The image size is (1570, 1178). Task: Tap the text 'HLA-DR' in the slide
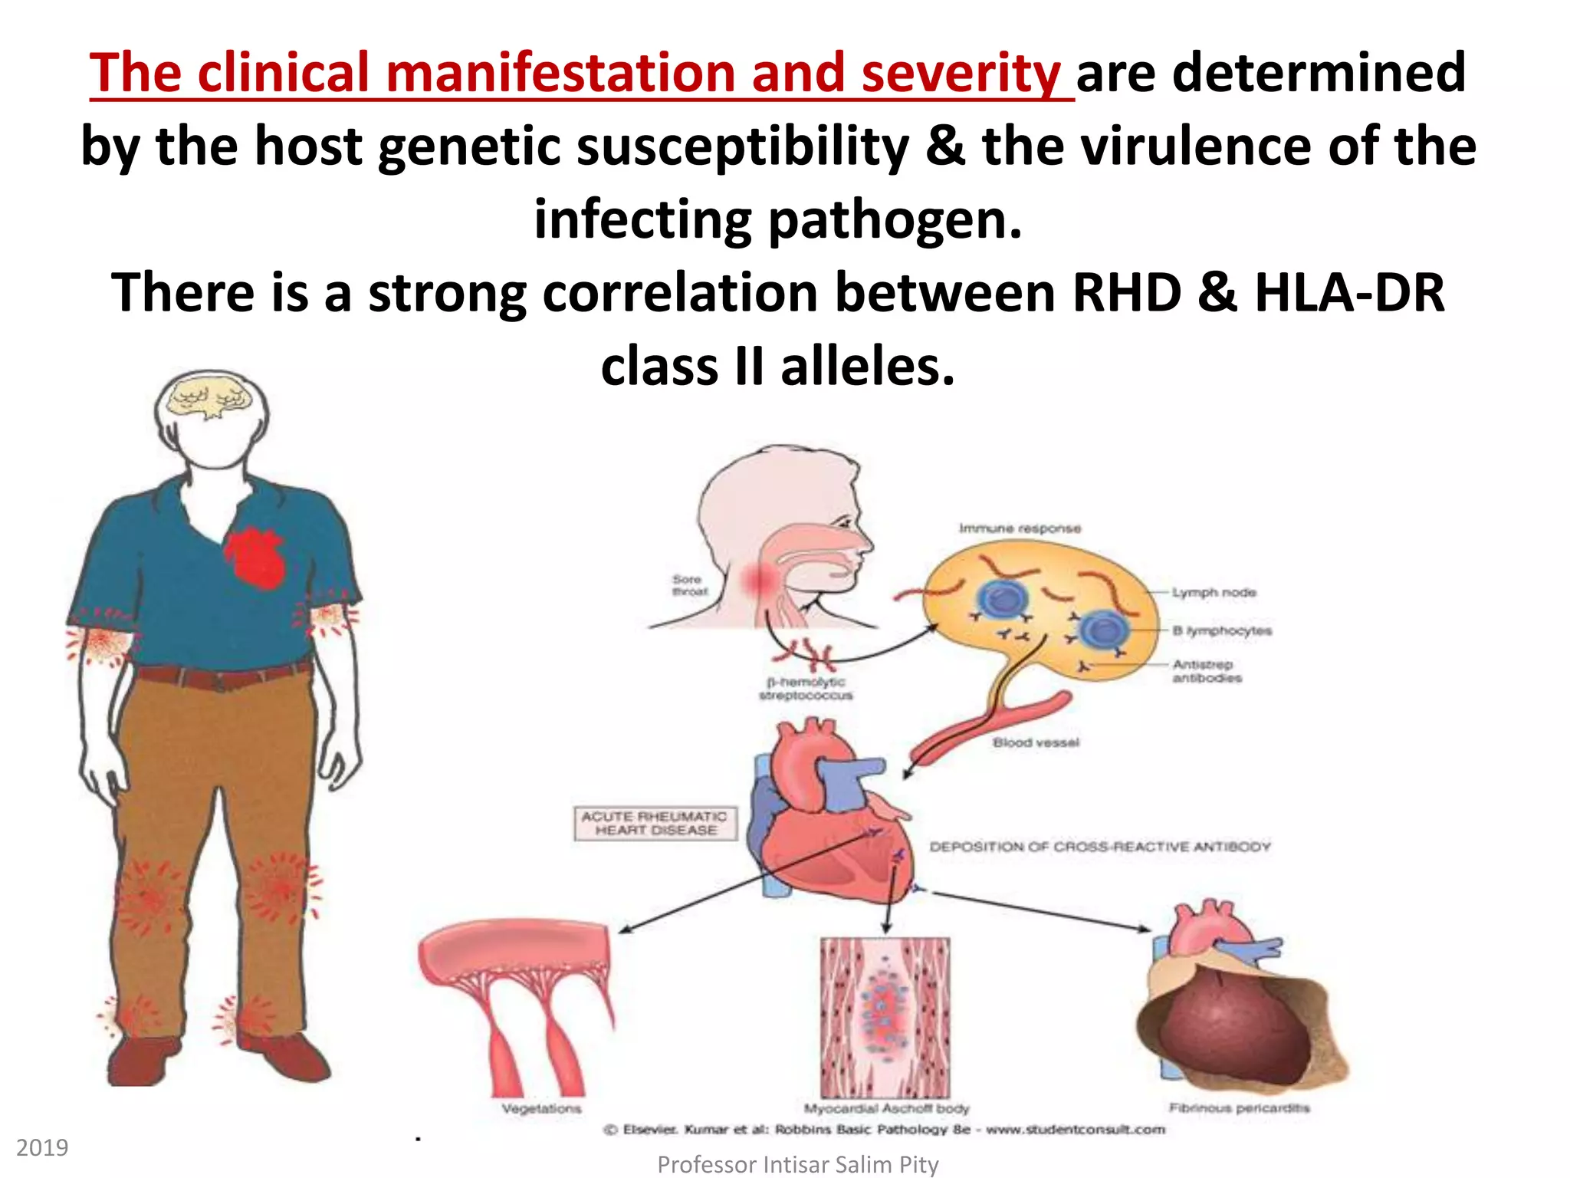1349,293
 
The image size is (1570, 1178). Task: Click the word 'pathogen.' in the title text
895,220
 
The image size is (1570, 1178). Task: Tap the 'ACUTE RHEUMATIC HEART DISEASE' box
655,824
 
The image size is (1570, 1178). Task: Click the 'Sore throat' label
688,585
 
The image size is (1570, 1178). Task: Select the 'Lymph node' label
1214,593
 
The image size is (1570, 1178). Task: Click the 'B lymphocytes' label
1222,630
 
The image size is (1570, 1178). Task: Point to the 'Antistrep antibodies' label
1206,671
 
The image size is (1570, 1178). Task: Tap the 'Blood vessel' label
1036,742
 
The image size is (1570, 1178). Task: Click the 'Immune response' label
1020,528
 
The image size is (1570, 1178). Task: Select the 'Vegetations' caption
541,1108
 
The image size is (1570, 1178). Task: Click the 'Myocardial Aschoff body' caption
886,1108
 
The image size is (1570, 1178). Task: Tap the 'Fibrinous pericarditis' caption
1239,1107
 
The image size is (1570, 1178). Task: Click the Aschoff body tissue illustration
885,1017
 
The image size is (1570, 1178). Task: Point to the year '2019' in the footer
42,1148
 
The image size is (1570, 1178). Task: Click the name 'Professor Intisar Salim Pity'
797,1164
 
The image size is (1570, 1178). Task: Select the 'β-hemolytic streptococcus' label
806,689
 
